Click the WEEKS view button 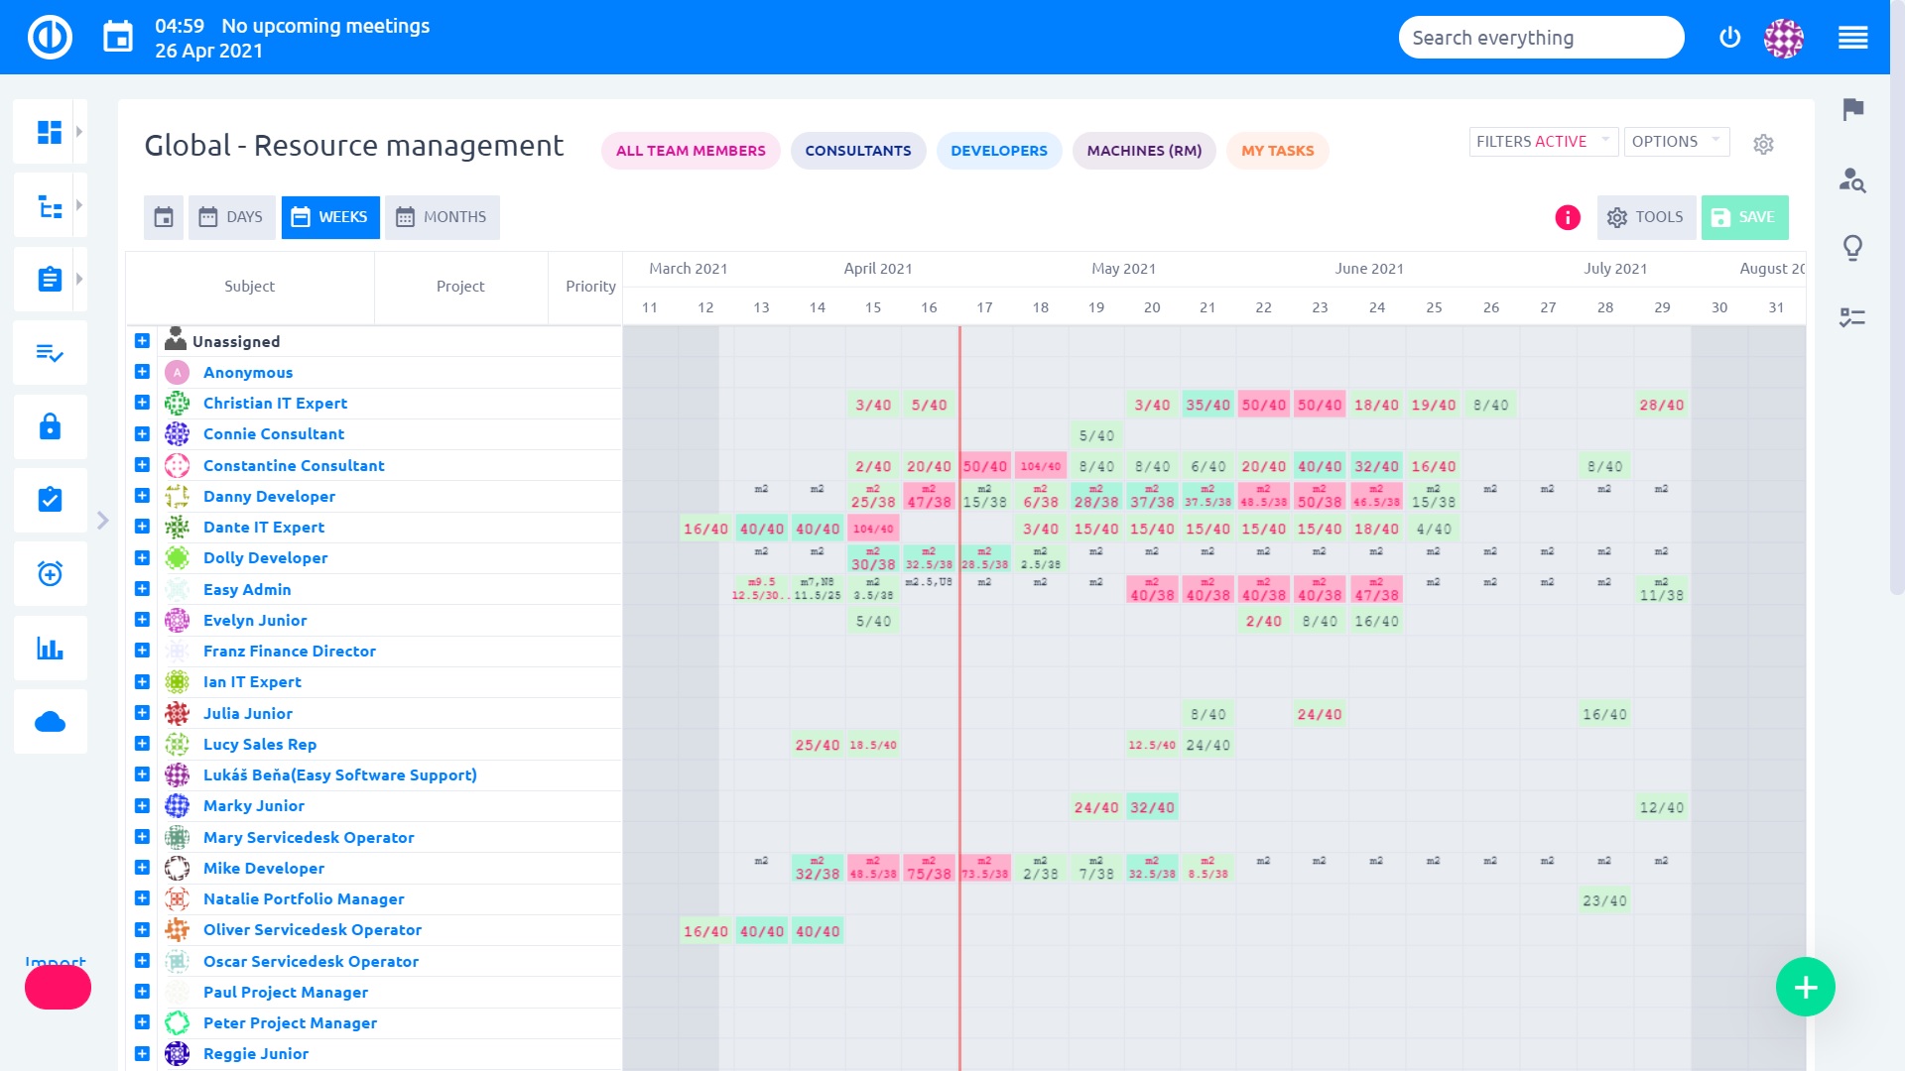(x=330, y=217)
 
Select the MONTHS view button (x=442, y=217)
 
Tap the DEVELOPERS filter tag (x=998, y=151)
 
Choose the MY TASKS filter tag (x=1277, y=151)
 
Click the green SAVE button (x=1744, y=217)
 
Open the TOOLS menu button (x=1646, y=217)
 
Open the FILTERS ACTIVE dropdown (x=1542, y=142)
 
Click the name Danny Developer (x=269, y=496)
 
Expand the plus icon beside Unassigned (x=142, y=341)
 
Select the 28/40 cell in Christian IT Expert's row (x=1661, y=405)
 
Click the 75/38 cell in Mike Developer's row (x=929, y=874)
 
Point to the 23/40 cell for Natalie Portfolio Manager (x=1604, y=900)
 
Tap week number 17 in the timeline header (x=984, y=307)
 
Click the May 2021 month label (x=1123, y=269)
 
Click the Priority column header (x=590, y=287)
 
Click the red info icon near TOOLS (x=1567, y=217)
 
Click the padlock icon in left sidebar (x=50, y=426)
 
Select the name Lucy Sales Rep (x=259, y=744)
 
